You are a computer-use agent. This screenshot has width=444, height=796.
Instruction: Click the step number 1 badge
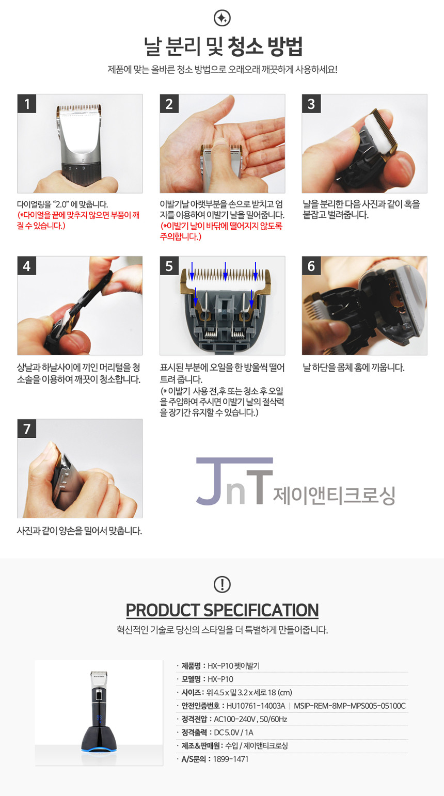point(27,104)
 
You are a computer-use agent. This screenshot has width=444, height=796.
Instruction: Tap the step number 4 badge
point(27,266)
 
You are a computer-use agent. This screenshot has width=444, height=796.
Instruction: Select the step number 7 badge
point(27,428)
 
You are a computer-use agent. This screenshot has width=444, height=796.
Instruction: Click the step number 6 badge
point(311,266)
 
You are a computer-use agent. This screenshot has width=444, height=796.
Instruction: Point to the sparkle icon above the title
point(222,18)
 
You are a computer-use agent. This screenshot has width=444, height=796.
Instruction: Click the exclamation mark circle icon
point(222,584)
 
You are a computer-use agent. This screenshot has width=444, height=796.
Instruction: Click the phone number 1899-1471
point(231,759)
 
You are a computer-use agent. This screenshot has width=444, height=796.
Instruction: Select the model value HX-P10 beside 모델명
point(220,679)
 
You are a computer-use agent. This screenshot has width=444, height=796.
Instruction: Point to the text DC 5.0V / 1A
point(233,733)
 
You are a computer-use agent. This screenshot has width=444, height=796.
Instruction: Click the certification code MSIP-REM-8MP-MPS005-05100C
point(350,706)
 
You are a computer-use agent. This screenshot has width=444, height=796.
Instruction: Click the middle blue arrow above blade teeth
point(226,271)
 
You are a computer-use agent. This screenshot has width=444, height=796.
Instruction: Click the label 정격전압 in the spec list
point(194,719)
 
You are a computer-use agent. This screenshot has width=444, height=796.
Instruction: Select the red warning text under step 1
point(78,220)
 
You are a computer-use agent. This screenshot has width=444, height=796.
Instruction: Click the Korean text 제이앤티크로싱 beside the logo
point(334,495)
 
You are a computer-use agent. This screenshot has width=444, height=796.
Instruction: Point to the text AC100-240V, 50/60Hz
point(250,719)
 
